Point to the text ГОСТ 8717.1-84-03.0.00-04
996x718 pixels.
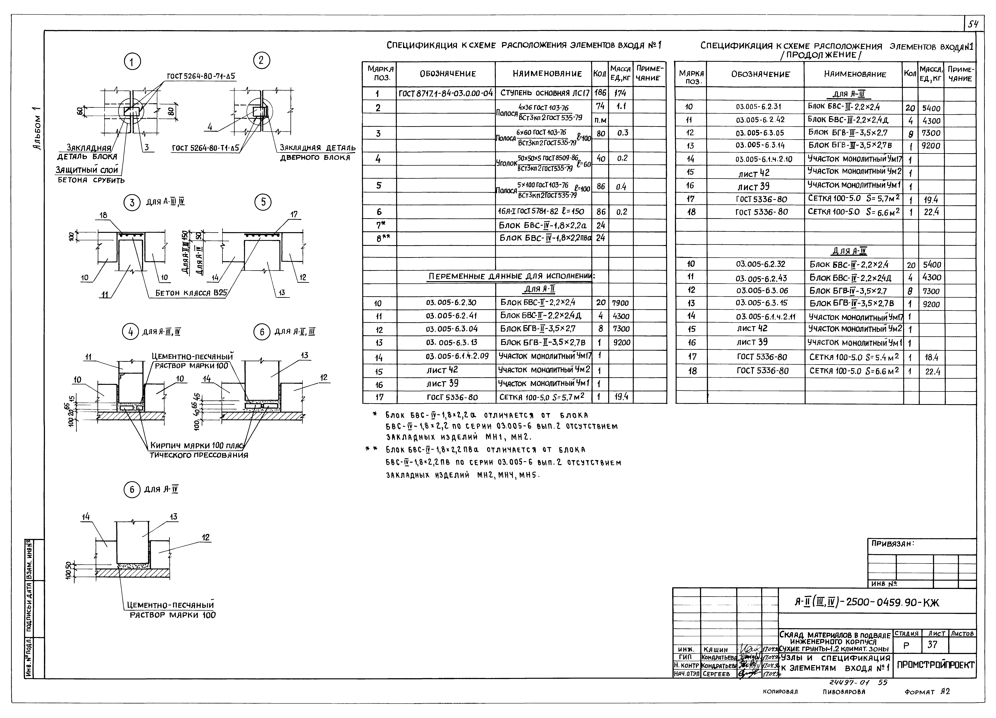(446, 93)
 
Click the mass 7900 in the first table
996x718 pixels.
(620, 303)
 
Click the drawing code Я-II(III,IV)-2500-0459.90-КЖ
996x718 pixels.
(866, 603)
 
